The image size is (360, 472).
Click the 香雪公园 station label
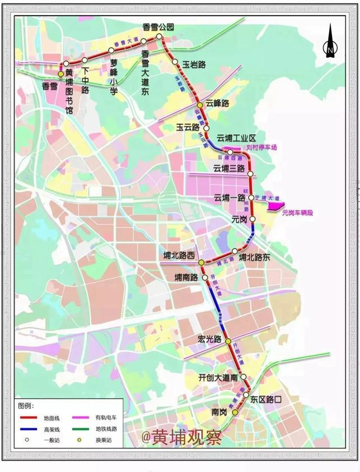[x=159, y=27]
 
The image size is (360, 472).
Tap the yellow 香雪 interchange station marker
[x=61, y=74]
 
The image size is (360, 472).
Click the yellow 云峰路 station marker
[x=200, y=105]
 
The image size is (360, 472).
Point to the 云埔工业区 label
[x=237, y=138]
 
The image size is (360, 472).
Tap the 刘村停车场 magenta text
[x=262, y=148]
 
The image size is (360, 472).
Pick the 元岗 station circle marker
[x=253, y=219]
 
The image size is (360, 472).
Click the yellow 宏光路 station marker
[x=228, y=342]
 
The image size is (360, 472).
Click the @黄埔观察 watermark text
[x=181, y=435]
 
